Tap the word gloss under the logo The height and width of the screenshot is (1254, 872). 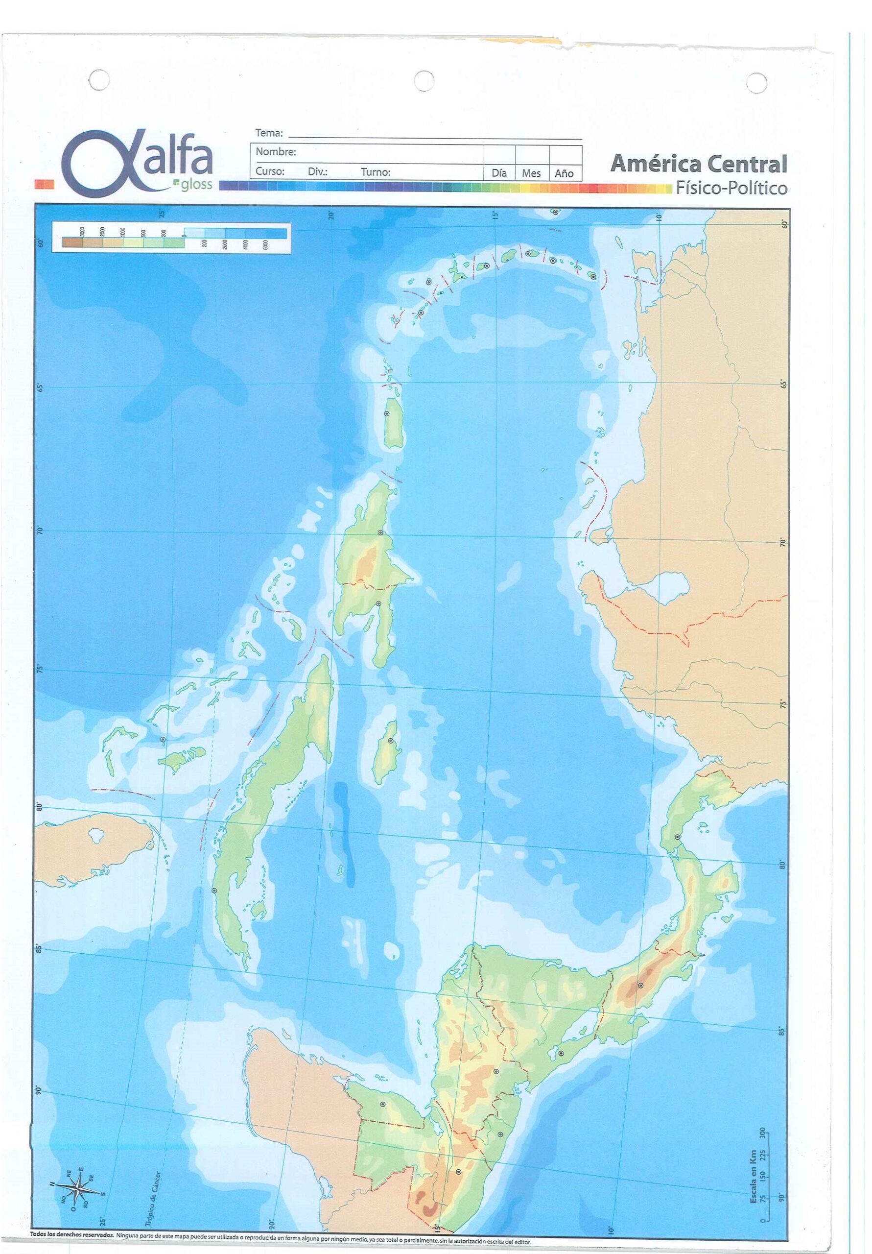point(195,184)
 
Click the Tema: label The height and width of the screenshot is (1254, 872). point(269,133)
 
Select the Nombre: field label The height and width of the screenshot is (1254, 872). point(276,152)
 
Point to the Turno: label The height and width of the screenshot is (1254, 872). point(375,172)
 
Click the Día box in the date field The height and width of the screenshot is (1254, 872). point(499,172)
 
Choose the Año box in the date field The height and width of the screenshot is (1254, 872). point(564,173)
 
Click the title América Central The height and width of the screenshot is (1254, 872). point(698,163)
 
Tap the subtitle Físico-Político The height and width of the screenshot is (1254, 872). point(731,189)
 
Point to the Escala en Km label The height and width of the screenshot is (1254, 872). point(754,1178)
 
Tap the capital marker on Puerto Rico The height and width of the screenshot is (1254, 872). point(387,413)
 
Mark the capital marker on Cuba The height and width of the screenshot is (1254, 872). point(214,890)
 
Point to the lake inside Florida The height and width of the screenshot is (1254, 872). point(96,835)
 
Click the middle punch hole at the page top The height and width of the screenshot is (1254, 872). point(424,81)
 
